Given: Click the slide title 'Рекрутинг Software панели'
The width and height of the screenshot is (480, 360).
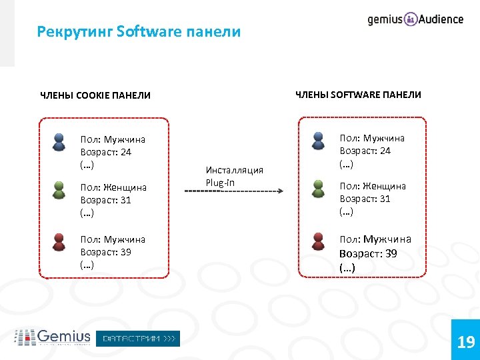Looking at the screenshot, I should point(139,31).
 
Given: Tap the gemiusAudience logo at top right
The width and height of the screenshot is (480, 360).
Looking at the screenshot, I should point(415,19).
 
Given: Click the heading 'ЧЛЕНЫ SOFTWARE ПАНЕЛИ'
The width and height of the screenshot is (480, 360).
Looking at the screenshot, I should point(358,95).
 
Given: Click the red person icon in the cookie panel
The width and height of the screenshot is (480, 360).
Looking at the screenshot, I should point(59,241).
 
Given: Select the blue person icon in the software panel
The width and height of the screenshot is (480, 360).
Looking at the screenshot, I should point(319,142).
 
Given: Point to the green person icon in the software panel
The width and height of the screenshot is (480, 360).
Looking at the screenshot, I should point(319,189).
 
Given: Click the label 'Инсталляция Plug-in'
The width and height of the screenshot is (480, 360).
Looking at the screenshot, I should point(234,176).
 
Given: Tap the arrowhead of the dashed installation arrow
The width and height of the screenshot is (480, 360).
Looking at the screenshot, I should point(280,192).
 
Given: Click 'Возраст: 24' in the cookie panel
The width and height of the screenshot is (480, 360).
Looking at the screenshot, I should point(105,152).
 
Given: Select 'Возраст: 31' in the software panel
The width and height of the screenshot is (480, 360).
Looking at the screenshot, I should point(365,199).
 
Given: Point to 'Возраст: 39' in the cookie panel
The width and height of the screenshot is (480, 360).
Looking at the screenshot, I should point(105,252).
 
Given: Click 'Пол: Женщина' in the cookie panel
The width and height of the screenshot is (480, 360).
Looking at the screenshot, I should point(113,188).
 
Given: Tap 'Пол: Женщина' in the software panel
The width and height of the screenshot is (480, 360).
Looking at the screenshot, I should point(372,186).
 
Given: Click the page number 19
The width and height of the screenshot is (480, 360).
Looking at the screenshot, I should point(465,343).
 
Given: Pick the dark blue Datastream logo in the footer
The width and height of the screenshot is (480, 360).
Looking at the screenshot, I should point(138,339).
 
